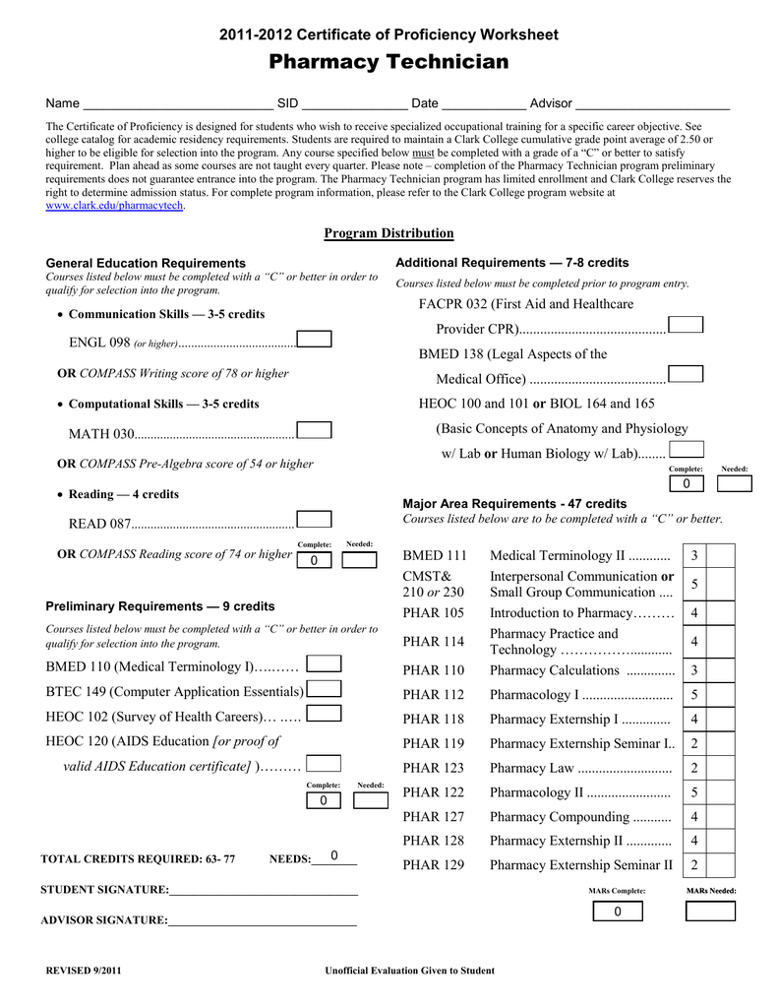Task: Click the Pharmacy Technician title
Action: (389, 63)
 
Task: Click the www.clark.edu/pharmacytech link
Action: (115, 206)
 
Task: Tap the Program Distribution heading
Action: (389, 233)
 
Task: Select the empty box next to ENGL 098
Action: (314, 340)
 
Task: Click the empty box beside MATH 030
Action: (314, 430)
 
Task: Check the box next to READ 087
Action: (314, 520)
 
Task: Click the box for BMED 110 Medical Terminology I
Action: (324, 664)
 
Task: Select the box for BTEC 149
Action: (324, 689)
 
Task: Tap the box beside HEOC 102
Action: (324, 714)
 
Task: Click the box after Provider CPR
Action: (685, 326)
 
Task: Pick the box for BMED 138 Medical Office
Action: (685, 374)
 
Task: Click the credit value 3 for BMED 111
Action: (694, 556)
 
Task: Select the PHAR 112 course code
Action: (434, 695)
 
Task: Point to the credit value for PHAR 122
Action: (694, 792)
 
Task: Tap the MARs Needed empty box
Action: (710, 912)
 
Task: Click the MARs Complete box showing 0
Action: (617, 912)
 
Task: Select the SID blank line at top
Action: (354, 104)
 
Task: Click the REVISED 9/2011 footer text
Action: (85, 971)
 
